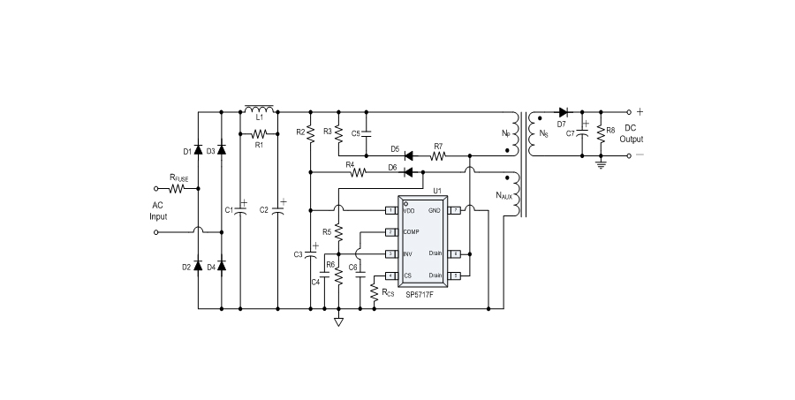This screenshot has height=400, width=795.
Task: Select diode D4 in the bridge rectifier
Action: (x=221, y=266)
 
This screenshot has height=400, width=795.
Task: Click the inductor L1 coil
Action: (x=259, y=109)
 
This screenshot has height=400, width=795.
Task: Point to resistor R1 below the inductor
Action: (x=259, y=133)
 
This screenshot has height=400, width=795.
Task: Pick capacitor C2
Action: (x=278, y=209)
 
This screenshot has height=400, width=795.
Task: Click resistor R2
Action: (x=310, y=132)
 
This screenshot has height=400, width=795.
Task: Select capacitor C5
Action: (x=367, y=133)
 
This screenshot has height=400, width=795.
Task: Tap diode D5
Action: (x=409, y=155)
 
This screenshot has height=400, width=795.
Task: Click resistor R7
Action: (x=437, y=155)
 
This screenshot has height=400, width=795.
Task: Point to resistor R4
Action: (x=359, y=171)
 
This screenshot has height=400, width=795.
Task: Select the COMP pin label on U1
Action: (x=412, y=231)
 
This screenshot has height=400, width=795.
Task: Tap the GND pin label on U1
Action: (x=434, y=211)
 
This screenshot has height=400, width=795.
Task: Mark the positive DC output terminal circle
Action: (x=628, y=112)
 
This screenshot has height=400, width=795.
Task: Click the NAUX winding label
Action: (x=503, y=196)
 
